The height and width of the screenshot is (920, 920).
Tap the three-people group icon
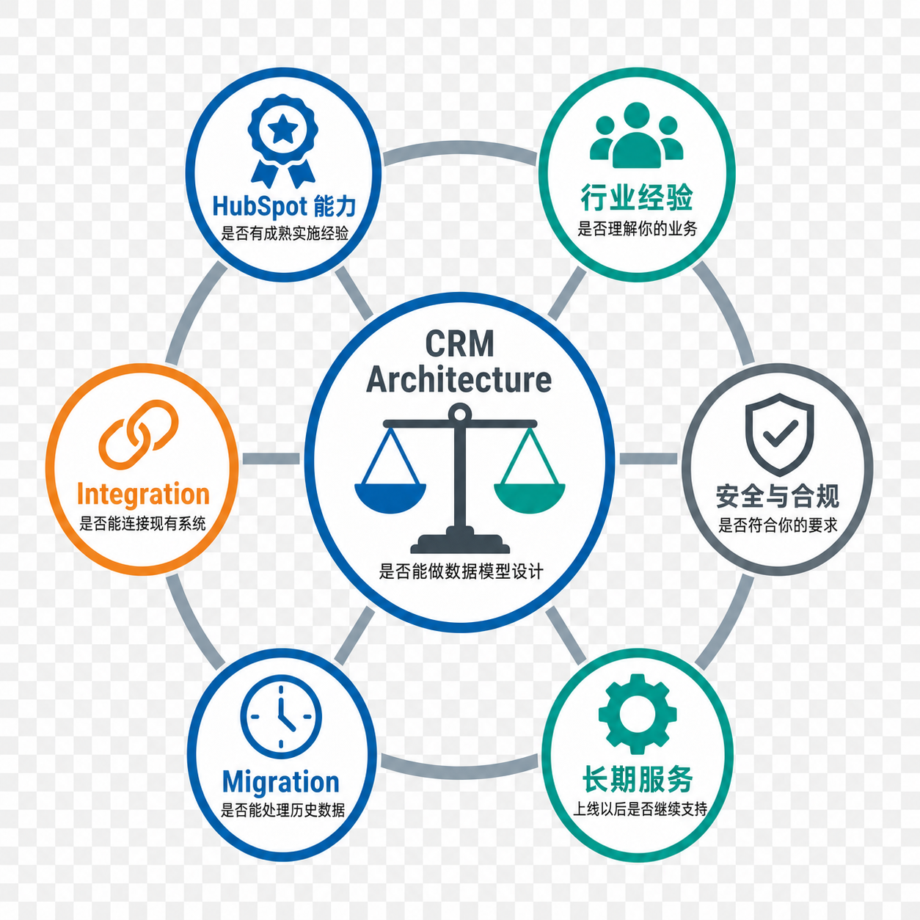pyautogui.click(x=636, y=135)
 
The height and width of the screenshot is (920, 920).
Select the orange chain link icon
pyautogui.click(x=139, y=434)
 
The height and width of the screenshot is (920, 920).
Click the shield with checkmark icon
pyautogui.click(x=779, y=434)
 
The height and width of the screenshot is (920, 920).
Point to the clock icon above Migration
pyautogui.click(x=281, y=717)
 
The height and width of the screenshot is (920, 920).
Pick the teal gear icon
pyautogui.click(x=638, y=714)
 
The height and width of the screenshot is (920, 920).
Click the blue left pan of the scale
pyautogui.click(x=390, y=498)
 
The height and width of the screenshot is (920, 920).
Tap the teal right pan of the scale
pyautogui.click(x=530, y=498)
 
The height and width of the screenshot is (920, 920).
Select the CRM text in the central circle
pyautogui.click(x=459, y=343)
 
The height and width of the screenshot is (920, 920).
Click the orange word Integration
pyautogui.click(x=143, y=494)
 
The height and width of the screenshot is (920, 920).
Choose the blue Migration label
pyautogui.click(x=281, y=782)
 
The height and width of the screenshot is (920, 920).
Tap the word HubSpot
pyautogui.click(x=260, y=206)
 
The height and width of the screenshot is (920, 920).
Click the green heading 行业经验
pyautogui.click(x=637, y=197)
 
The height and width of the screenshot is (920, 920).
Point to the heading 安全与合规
pyautogui.click(x=778, y=496)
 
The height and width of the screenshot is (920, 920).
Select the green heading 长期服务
pyautogui.click(x=638, y=780)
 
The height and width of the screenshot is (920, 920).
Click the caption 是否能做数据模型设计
pyautogui.click(x=461, y=572)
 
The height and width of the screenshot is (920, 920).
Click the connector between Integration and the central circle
pyautogui.click(x=271, y=459)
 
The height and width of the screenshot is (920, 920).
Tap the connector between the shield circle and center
pyautogui.click(x=649, y=459)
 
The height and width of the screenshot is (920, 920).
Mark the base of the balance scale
pyautogui.click(x=460, y=541)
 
